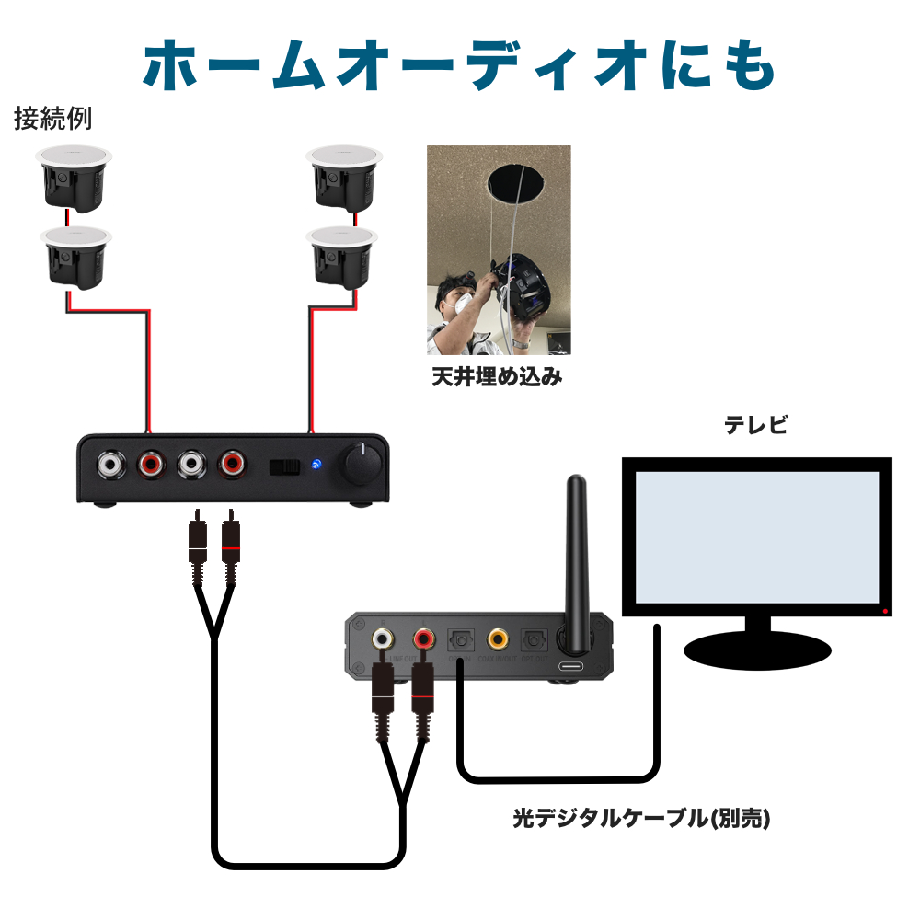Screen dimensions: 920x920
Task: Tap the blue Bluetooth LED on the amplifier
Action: [x=316, y=466]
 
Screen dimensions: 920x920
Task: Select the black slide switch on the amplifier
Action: [x=284, y=466]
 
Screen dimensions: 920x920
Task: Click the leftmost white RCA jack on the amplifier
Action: [x=110, y=465]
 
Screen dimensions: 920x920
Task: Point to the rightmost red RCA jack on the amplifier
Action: [x=231, y=465]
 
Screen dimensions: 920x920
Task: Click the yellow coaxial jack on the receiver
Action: [x=498, y=637]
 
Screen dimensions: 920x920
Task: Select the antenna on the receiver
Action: [x=577, y=552]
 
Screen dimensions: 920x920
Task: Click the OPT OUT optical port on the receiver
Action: [x=534, y=638]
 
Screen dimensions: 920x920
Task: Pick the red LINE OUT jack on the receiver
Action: [x=424, y=638]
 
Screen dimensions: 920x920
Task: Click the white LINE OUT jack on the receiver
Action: [x=384, y=638]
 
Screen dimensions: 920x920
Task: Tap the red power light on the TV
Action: [x=885, y=611]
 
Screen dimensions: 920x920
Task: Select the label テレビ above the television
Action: [x=755, y=425]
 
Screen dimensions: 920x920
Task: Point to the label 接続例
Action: [x=52, y=120]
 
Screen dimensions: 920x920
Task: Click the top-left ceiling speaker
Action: [x=73, y=176]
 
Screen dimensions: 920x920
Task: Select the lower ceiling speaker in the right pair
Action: [x=342, y=256]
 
